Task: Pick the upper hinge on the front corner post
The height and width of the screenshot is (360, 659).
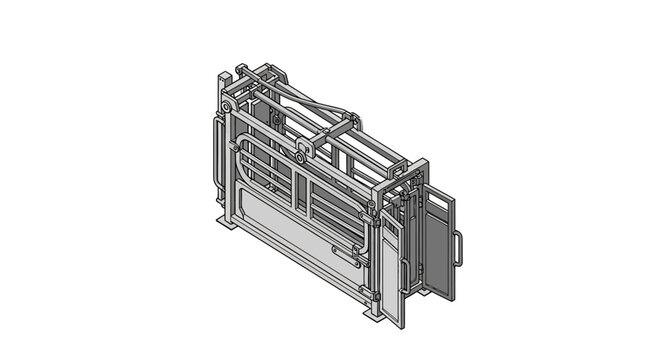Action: [371, 208]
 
